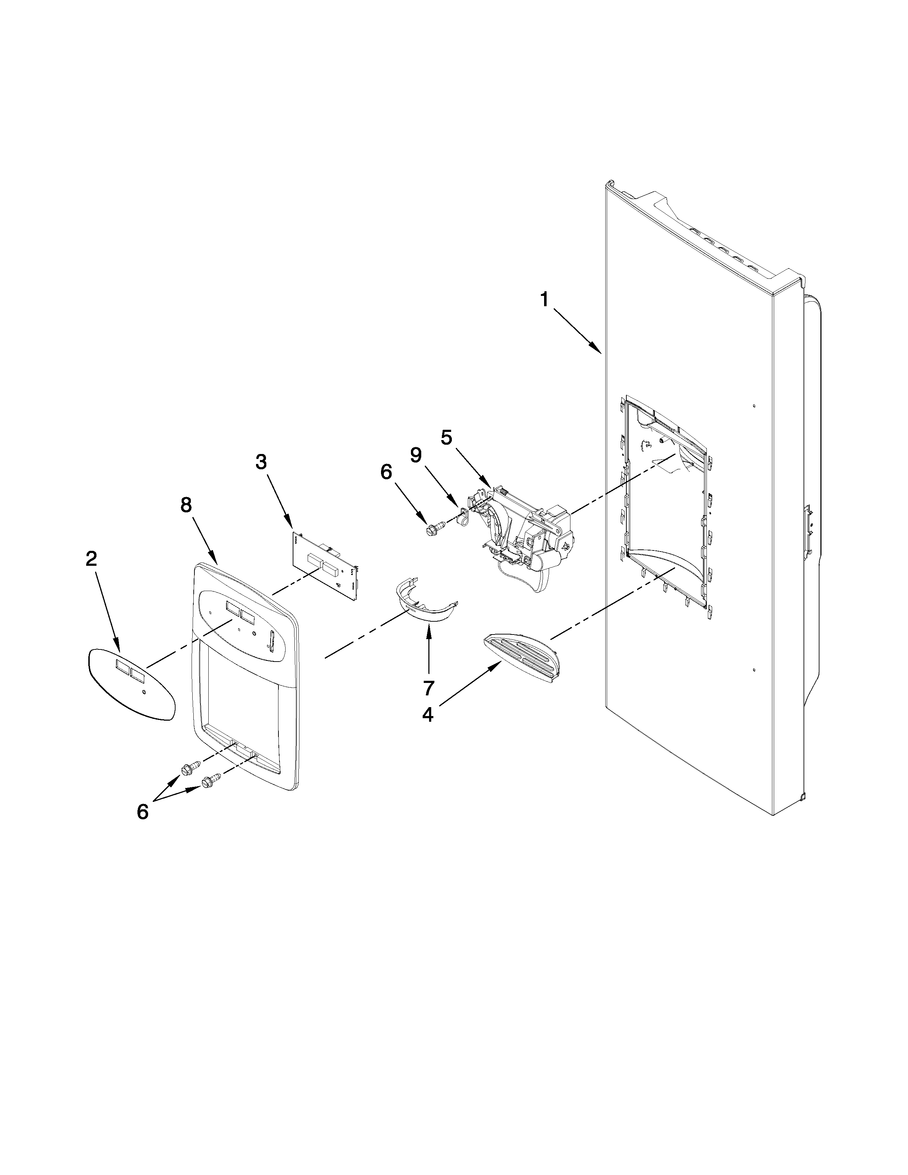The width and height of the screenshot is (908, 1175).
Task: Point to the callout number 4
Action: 428,715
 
